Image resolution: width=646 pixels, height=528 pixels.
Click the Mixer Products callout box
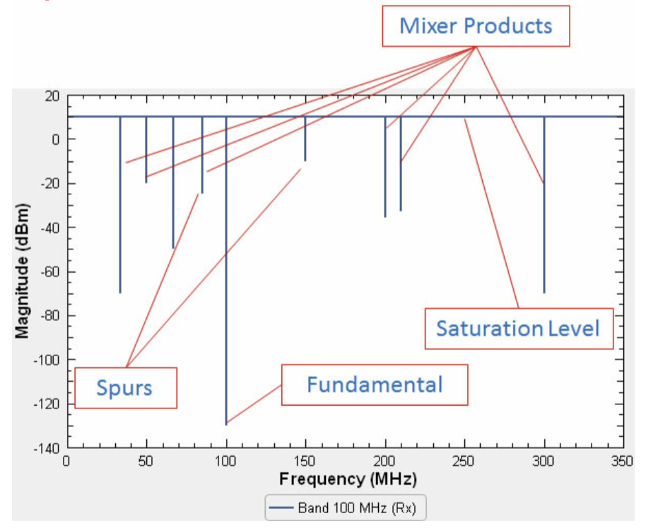[x=475, y=26]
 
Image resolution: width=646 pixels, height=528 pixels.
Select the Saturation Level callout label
[x=518, y=329]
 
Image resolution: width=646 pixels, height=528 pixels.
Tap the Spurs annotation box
[x=125, y=387]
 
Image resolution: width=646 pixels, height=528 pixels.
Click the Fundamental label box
[x=375, y=385]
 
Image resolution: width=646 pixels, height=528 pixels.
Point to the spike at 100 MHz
[x=226, y=283]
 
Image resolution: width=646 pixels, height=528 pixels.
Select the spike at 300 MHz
[x=544, y=212]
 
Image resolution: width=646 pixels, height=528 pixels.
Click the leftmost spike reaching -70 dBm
[x=120, y=212]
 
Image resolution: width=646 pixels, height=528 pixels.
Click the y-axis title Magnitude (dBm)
[x=23, y=271]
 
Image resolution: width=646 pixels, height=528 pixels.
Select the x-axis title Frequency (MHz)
[x=348, y=479]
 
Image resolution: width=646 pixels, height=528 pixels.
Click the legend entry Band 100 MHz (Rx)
[x=346, y=508]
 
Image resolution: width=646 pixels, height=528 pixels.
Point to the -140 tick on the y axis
[x=47, y=448]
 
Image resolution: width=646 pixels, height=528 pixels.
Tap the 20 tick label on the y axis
[x=52, y=95]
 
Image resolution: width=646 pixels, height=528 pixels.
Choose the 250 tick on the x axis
[x=464, y=460]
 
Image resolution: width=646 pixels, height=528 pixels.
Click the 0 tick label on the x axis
[x=67, y=460]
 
